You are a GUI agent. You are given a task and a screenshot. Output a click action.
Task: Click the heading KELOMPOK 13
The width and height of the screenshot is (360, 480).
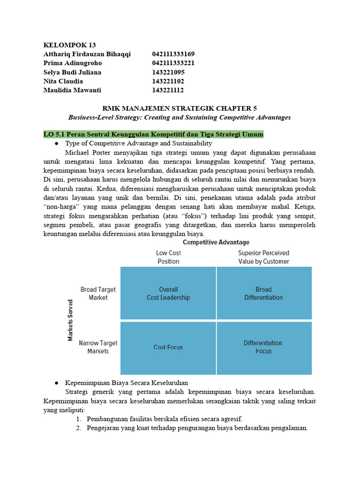69,45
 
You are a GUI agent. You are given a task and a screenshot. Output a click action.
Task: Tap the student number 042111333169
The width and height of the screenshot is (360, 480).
173,54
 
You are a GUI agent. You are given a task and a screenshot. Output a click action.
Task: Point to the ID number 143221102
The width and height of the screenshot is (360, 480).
168,81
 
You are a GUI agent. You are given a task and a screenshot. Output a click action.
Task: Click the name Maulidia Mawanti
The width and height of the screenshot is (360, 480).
72,90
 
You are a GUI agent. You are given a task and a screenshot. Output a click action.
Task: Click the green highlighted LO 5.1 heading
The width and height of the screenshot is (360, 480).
153,135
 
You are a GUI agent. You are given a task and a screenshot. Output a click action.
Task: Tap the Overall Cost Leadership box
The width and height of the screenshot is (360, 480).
168,293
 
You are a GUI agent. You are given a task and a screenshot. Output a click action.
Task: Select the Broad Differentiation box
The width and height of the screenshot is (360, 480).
263,293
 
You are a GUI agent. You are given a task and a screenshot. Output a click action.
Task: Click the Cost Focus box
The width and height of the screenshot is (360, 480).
168,347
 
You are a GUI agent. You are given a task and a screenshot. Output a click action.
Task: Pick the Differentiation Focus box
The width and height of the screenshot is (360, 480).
263,347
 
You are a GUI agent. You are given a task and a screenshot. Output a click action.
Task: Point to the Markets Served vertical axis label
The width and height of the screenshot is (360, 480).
70,320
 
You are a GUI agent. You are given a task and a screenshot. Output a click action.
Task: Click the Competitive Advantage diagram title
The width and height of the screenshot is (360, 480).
216,242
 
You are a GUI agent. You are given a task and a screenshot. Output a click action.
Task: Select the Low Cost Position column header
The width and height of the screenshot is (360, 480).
168,257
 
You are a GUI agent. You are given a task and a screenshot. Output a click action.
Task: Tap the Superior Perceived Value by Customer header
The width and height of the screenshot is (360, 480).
263,257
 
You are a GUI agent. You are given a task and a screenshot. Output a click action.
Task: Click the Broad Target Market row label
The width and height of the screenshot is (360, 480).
98,293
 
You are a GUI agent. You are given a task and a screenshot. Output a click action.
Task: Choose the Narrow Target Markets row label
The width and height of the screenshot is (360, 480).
98,347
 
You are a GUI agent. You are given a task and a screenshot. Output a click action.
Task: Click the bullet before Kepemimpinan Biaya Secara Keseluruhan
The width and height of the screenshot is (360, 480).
57,383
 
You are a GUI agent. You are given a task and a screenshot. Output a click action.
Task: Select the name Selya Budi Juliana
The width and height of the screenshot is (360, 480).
72,72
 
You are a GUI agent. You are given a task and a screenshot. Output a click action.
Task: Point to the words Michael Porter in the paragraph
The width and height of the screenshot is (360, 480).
88,152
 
